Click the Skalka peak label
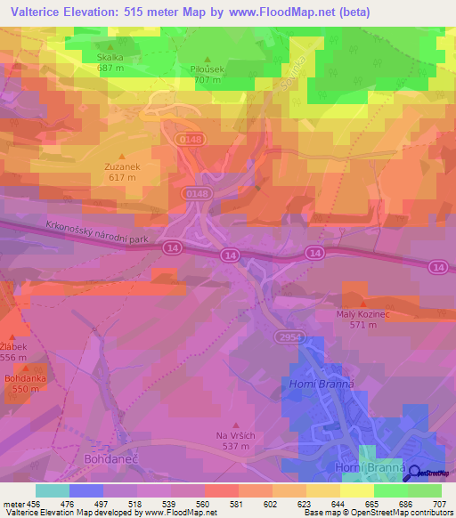click(110, 56)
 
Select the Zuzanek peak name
click(122, 166)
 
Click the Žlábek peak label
click(13, 346)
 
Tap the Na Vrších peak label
click(235, 435)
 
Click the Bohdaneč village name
click(107, 459)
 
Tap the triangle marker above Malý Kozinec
click(362, 304)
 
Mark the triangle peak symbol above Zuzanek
click(122, 155)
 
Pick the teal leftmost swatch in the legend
click(52, 490)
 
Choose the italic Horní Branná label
click(321, 384)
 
